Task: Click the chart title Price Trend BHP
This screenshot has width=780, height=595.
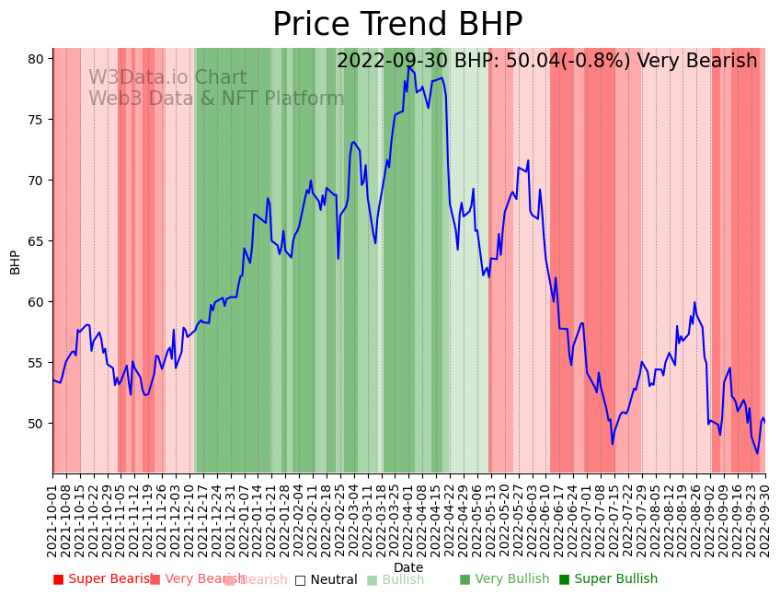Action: click(x=397, y=25)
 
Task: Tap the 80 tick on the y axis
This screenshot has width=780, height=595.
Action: click(x=36, y=58)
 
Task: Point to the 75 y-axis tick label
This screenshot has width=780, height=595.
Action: click(x=36, y=119)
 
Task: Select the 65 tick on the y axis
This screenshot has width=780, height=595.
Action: click(x=36, y=240)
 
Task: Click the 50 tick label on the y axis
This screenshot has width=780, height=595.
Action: click(x=36, y=423)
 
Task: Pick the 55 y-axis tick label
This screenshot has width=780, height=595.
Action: click(x=36, y=362)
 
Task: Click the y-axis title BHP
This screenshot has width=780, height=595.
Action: click(x=15, y=262)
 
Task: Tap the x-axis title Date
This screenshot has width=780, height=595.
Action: click(x=408, y=567)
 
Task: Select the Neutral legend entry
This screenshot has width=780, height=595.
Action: click(x=327, y=579)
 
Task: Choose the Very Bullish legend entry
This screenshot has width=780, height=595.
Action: click(x=504, y=579)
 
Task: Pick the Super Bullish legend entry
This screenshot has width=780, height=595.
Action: click(x=609, y=579)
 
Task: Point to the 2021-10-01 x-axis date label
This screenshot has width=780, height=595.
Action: click(x=53, y=516)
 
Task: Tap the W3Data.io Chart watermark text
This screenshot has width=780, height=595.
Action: click(x=167, y=78)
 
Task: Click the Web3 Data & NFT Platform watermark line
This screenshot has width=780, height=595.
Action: click(x=216, y=99)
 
